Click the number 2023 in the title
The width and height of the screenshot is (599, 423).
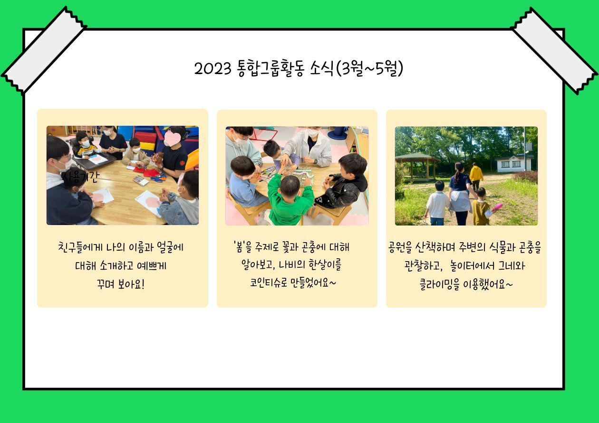coord(213,69)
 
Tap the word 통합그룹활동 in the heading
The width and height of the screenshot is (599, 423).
coord(271,69)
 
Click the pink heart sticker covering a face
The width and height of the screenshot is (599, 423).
coord(173,138)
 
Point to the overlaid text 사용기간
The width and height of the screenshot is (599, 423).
coord(81,177)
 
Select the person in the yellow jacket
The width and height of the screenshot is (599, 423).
coord(476,176)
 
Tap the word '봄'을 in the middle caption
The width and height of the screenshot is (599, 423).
coord(242,247)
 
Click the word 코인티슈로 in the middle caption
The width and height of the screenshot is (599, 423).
coord(269,282)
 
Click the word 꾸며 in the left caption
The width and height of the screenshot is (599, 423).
coord(106,284)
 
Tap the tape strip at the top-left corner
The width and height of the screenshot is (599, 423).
coord(44,51)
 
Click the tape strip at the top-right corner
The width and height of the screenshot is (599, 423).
coord(554,51)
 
